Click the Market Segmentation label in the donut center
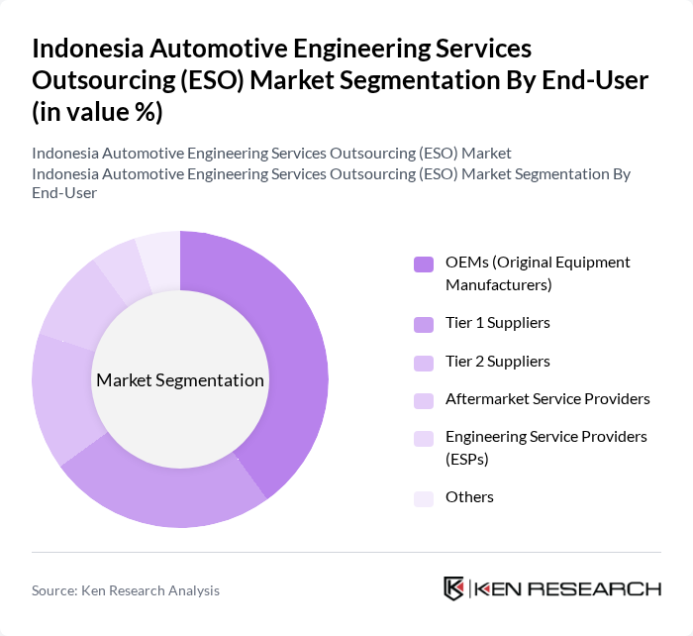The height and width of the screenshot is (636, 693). [180, 380]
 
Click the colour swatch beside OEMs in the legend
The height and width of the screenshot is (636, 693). [424, 264]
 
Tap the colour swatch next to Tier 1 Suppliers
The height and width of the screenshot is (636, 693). [424, 324]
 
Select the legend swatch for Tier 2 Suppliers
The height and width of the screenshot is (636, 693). [424, 363]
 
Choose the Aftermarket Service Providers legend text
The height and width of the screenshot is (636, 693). [547, 399]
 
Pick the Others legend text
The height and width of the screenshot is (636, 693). [469, 497]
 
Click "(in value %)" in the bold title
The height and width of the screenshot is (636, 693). [98, 111]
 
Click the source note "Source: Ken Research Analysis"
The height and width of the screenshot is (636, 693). [126, 590]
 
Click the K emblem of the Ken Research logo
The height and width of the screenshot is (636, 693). [454, 588]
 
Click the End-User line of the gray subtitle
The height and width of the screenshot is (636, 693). [64, 193]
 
